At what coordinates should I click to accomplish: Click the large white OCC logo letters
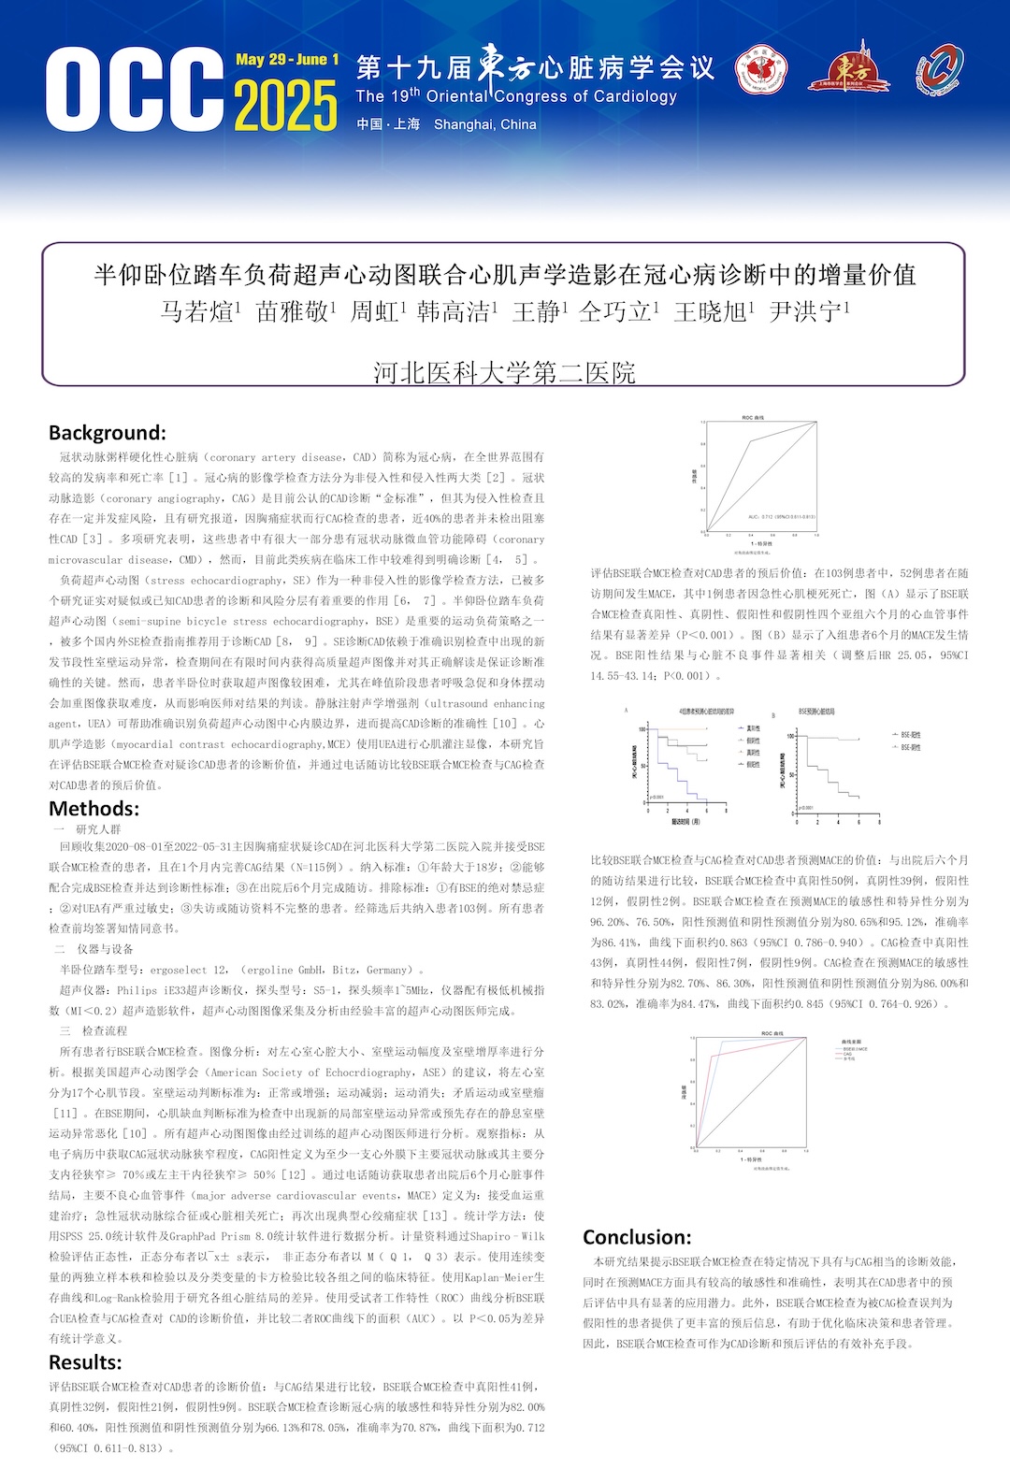135,91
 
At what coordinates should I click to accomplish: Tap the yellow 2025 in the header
285,106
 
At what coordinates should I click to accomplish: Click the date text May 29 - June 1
287,60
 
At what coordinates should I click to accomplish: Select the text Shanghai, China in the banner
484,124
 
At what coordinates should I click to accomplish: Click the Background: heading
108,433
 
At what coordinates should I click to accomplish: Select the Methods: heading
94,809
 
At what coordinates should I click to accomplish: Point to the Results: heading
85,1362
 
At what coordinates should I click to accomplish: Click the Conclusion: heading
637,1237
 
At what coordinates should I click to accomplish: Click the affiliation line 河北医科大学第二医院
504,373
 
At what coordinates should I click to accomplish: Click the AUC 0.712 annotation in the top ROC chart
782,516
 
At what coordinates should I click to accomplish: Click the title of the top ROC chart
753,417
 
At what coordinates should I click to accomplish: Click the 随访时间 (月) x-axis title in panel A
685,822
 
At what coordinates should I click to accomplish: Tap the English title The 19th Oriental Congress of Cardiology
516,96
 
